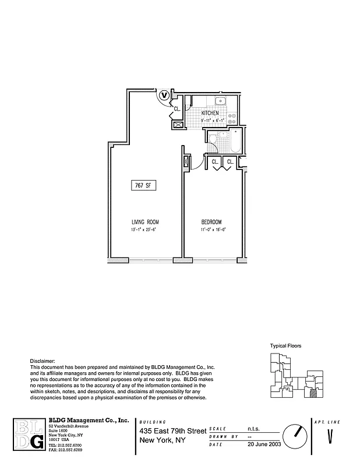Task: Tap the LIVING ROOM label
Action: [x=144, y=222]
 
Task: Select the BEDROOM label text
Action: [x=211, y=222]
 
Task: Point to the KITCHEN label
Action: [x=210, y=113]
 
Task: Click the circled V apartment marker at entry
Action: [x=164, y=94]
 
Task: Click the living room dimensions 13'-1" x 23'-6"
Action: [x=144, y=230]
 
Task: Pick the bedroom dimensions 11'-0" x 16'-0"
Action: [x=211, y=230]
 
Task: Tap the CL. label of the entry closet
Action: [x=177, y=109]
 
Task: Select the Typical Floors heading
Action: [x=285, y=345]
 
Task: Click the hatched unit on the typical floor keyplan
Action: [x=313, y=393]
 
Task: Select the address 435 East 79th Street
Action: [x=172, y=430]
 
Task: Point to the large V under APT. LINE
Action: [x=330, y=436]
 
